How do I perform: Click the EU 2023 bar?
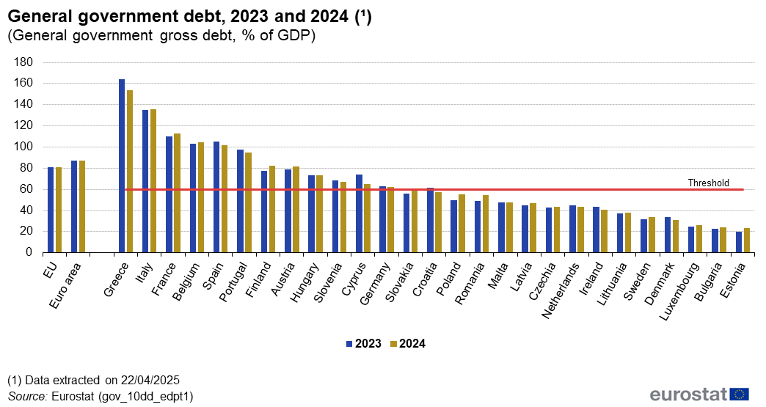(51, 210)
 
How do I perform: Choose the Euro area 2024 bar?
(82, 206)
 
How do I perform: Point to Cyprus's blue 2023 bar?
(359, 213)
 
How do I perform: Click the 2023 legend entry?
(363, 343)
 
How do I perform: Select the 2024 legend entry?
(408, 343)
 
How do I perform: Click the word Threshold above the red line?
(708, 183)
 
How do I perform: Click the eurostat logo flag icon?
(740, 395)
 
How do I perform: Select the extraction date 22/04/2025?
(151, 380)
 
